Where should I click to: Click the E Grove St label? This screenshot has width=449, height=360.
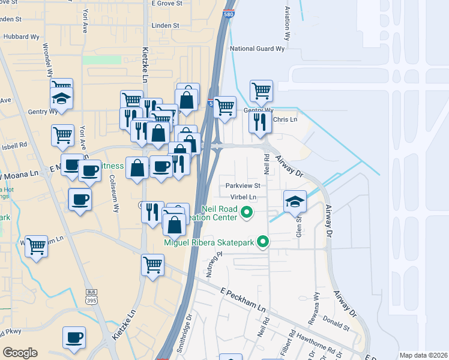tap(166, 4)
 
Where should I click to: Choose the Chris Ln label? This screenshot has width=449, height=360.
tap(285, 120)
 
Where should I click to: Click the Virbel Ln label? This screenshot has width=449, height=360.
tap(243, 197)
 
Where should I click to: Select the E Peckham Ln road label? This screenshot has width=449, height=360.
tap(243, 299)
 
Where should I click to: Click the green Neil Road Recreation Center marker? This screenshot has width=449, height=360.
tap(246, 212)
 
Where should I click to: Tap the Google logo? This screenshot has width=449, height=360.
tap(20, 353)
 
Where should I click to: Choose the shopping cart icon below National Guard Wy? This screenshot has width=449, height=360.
tap(261, 91)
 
